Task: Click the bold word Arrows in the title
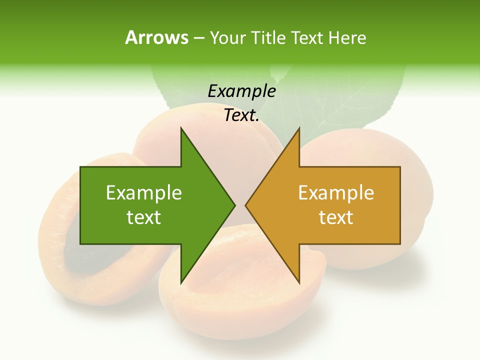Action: point(156,37)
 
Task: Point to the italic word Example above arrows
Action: point(241,91)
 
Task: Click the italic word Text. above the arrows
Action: point(241,115)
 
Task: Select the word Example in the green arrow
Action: point(144,192)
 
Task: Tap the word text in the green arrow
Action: point(144,217)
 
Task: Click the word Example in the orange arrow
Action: point(336,192)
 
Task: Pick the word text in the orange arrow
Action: point(336,217)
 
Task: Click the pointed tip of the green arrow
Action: point(234,205)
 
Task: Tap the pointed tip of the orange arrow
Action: point(245,205)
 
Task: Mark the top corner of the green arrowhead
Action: point(181,128)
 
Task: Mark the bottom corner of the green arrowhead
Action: point(181,283)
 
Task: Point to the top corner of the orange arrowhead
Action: point(299,128)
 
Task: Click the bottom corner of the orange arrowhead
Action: point(299,283)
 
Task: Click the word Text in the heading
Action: point(308,37)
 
